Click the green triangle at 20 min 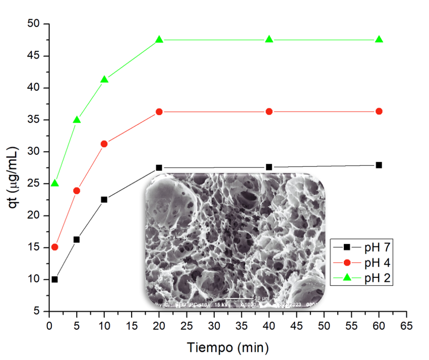pos(159,39)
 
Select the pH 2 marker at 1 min pos(55,183)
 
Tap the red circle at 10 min pos(104,144)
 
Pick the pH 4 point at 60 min pos(379,111)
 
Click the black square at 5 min pos(77,239)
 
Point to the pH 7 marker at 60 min pos(379,165)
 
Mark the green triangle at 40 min pos(269,39)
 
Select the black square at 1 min pos(55,279)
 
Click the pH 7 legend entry pos(361,248)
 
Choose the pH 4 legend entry pos(361,262)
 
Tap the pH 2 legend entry pos(361,277)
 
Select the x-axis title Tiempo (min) pos(228,347)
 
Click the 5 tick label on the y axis pos(38,312)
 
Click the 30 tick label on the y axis pos(35,152)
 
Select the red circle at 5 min pos(77,191)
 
